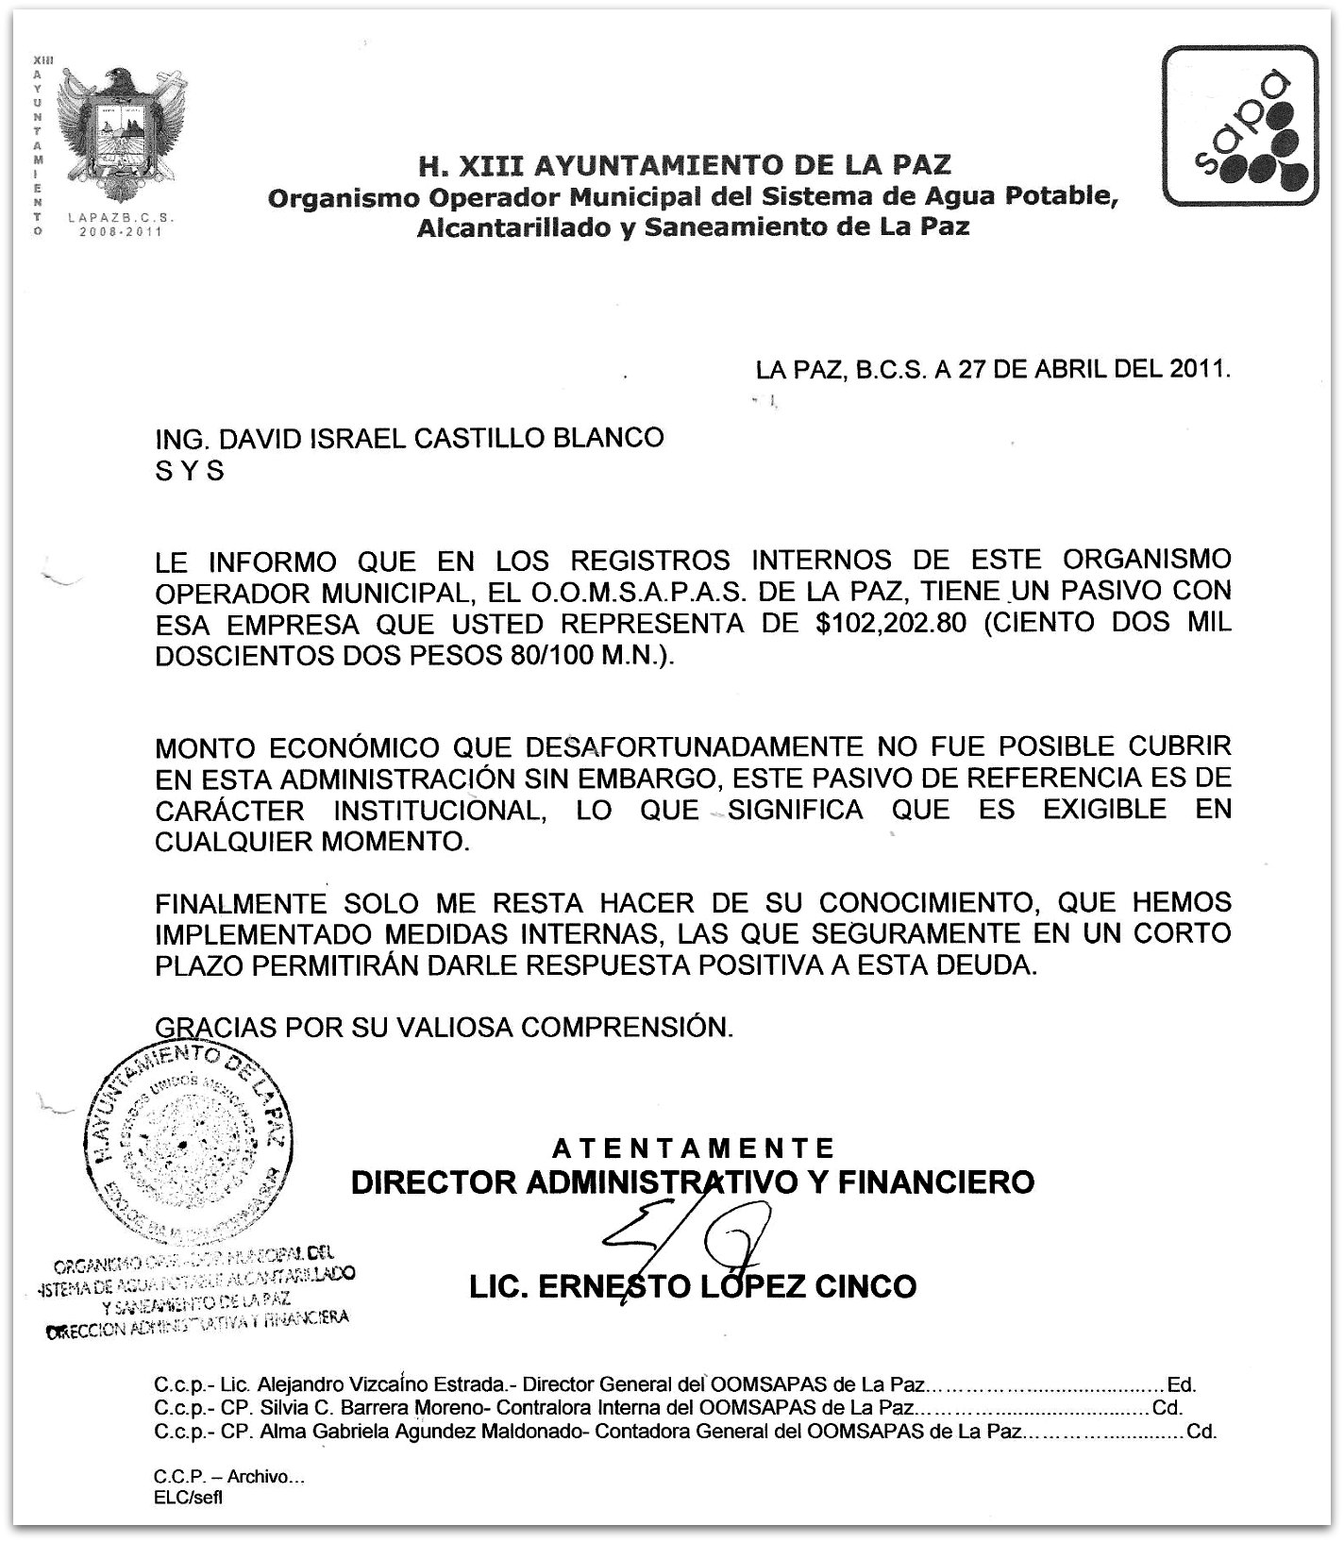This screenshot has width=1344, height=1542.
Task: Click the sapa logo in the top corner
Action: click(x=1239, y=126)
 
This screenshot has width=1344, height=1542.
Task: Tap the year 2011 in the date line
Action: click(x=1200, y=369)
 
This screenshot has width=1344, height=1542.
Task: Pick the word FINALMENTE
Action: click(x=241, y=903)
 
